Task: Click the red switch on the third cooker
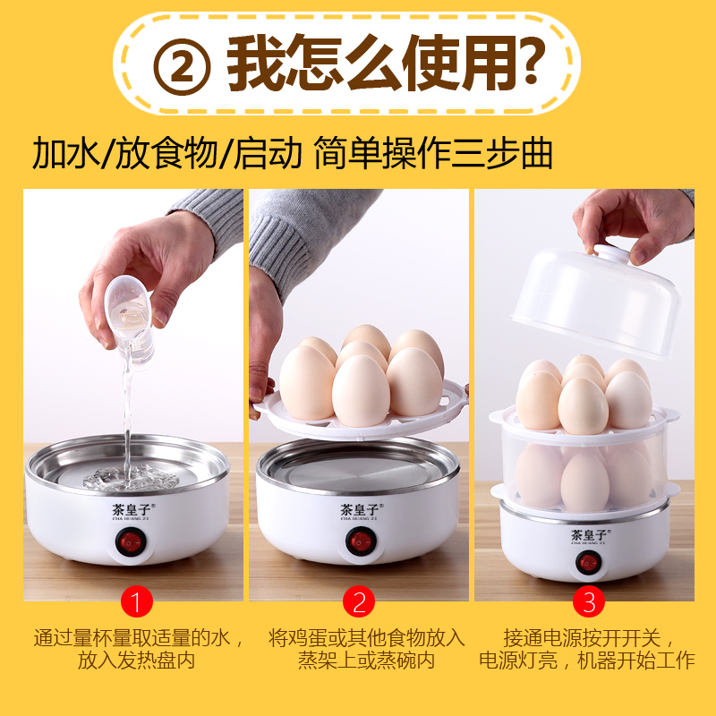coord(588,562)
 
